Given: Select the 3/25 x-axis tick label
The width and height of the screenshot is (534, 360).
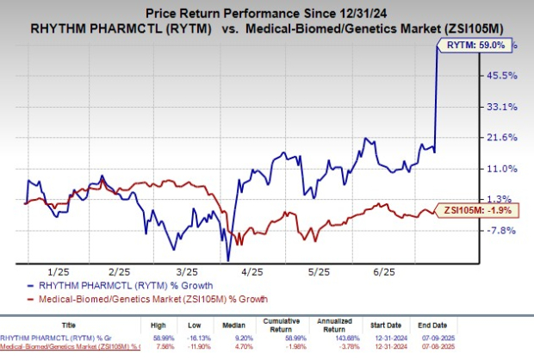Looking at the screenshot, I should pos(192,270).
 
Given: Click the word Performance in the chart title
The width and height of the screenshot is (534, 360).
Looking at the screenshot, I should pos(258,11).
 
